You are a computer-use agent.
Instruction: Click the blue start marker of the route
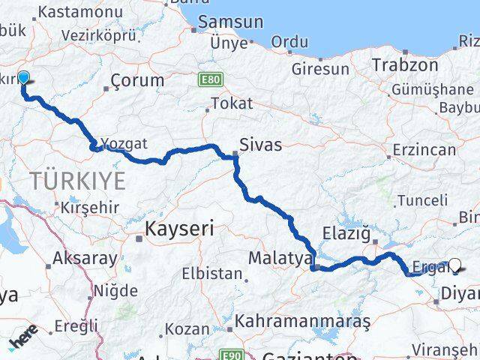(x=23, y=78)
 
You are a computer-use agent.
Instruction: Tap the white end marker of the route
(x=455, y=264)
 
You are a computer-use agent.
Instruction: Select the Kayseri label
(x=180, y=227)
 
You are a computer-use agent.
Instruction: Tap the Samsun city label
(x=232, y=22)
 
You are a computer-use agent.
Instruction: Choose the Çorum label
(x=137, y=80)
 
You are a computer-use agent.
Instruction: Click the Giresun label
(x=323, y=69)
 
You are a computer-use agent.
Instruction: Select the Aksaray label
(x=85, y=259)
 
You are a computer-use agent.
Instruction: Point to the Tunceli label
(x=422, y=200)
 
